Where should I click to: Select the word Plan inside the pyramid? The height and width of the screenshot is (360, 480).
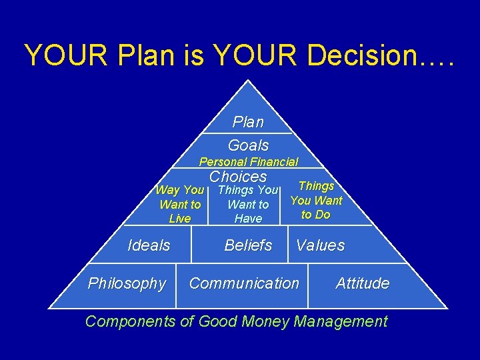click(248, 122)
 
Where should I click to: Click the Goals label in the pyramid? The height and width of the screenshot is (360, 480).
click(248, 145)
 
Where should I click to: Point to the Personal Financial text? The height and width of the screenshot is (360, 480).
click(249, 161)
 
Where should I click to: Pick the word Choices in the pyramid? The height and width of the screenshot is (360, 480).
click(238, 177)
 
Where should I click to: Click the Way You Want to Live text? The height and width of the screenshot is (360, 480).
click(180, 204)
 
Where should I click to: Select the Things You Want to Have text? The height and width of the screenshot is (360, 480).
click(248, 204)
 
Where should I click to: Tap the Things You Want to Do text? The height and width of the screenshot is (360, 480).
click(316, 200)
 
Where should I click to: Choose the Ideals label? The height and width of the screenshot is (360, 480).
click(149, 245)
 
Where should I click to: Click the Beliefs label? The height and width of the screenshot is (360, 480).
click(248, 245)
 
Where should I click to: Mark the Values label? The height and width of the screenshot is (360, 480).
click(321, 245)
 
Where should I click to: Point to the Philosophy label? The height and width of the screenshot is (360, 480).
click(127, 283)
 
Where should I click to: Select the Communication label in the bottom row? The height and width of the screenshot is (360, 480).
click(244, 283)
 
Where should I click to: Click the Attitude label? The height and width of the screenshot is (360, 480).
click(363, 283)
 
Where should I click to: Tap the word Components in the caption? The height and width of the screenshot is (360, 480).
click(129, 321)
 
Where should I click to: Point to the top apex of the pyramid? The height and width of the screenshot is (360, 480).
click(248, 81)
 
